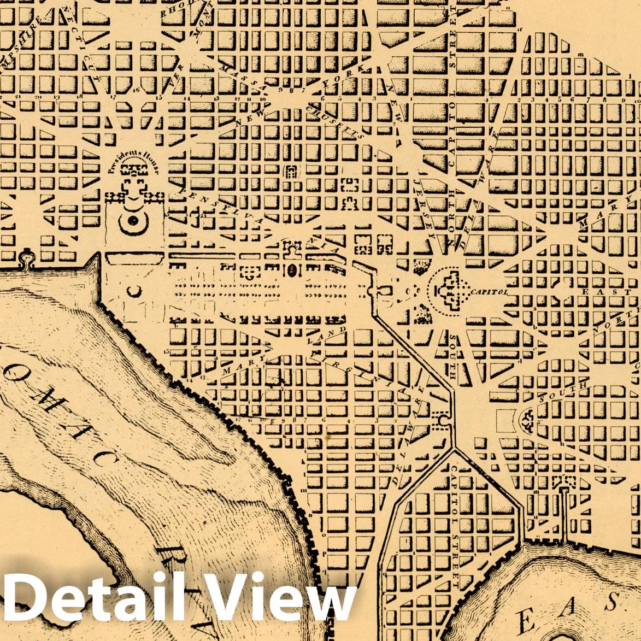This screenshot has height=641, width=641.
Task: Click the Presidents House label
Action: [133, 161]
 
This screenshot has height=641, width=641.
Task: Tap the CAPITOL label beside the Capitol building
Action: [488, 292]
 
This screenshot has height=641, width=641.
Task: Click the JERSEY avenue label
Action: [425, 205]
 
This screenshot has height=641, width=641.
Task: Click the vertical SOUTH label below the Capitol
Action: [454, 358]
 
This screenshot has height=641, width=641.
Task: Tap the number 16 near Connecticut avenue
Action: [136, 89]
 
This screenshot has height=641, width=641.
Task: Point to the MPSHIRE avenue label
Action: [16, 33]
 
